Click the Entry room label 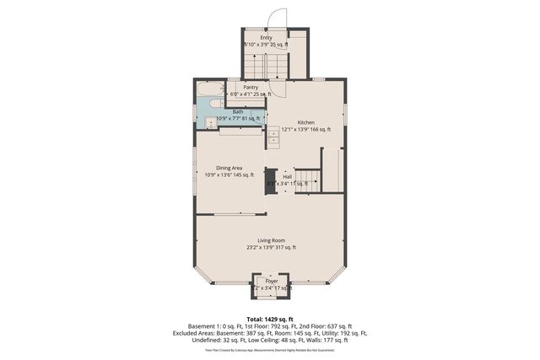pyautogui.click(x=266, y=37)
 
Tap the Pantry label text pyautogui.click(x=251, y=87)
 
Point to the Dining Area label pyautogui.click(x=229, y=168)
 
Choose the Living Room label pyautogui.click(x=271, y=240)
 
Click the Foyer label pyautogui.click(x=272, y=281)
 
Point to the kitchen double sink pyautogui.click(x=274, y=135)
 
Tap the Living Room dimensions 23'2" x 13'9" pyautogui.click(x=271, y=248)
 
